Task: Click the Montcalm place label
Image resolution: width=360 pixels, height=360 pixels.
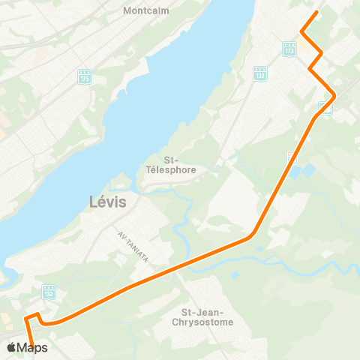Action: pyautogui.click(x=146, y=11)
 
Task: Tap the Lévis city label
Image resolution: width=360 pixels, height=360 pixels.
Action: pyautogui.click(x=107, y=202)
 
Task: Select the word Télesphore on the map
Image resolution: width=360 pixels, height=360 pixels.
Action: pyautogui.click(x=169, y=170)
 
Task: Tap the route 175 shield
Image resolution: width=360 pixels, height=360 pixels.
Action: pyautogui.click(x=84, y=76)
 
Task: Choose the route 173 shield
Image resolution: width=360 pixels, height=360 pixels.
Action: pyautogui.click(x=289, y=49)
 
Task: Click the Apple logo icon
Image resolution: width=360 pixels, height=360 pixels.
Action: pyautogui.click(x=11, y=347)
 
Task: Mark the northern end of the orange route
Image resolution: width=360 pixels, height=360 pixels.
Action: pyautogui.click(x=317, y=12)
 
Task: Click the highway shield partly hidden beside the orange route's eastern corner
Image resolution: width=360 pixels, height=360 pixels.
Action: pyautogui.click(x=326, y=106)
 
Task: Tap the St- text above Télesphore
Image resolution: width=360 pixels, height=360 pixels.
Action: pyautogui.click(x=169, y=159)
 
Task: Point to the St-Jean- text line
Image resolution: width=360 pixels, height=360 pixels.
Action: pyautogui.click(x=197, y=311)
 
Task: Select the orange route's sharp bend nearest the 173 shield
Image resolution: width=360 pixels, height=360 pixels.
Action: pyautogui.click(x=301, y=32)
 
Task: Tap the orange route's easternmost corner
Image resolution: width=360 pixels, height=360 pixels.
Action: pyautogui.click(x=334, y=95)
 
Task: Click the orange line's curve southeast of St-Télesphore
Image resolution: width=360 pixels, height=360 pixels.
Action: pyautogui.click(x=251, y=235)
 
